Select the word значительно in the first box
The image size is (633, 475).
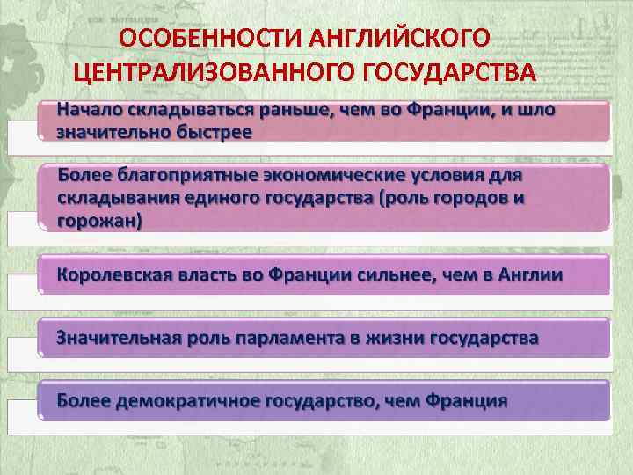(x=111, y=132)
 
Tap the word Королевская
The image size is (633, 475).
(x=116, y=274)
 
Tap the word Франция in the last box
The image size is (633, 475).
(x=466, y=401)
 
